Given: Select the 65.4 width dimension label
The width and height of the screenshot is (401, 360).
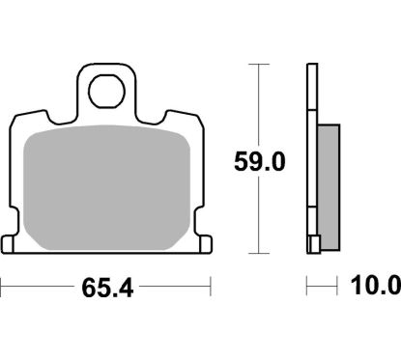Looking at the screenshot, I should [x=104, y=287].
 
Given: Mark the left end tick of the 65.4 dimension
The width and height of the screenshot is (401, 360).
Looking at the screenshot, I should [x=2, y=287].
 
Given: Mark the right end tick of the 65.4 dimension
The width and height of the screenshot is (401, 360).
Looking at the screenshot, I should [x=210, y=287].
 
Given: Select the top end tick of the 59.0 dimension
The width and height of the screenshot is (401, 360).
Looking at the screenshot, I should [x=257, y=64].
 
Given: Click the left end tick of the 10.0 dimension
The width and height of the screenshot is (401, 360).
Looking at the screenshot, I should [x=307, y=287].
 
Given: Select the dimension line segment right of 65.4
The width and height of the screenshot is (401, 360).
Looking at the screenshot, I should [x=174, y=287].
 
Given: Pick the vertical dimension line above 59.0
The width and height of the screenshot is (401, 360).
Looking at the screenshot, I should [x=257, y=106].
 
